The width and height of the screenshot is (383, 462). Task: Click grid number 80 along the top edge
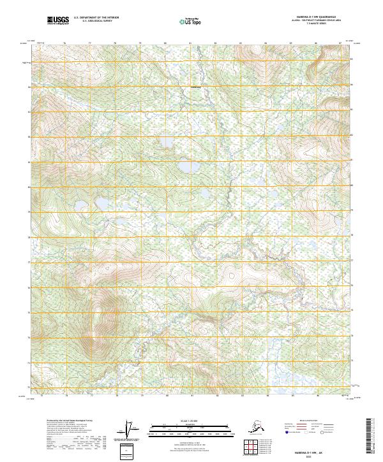[x=165, y=44]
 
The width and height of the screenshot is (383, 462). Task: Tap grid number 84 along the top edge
[x=265, y=44]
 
